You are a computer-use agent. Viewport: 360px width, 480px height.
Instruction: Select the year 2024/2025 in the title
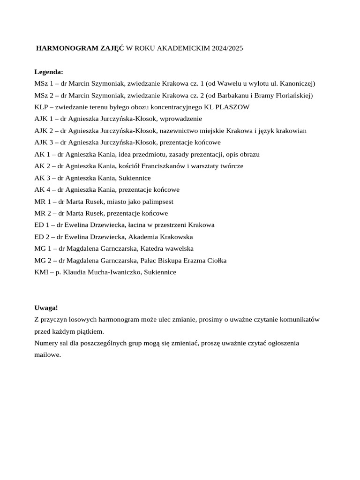[x=227, y=48]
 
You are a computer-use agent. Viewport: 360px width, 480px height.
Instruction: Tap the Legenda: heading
[x=49, y=72]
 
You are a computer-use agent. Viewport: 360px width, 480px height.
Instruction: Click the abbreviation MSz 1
[x=44, y=83]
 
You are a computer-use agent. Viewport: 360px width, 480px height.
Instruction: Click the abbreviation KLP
[x=41, y=107]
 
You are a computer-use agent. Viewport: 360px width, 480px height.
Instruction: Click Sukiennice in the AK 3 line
[x=134, y=178]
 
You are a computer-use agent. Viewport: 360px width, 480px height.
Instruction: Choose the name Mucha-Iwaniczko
[x=114, y=272]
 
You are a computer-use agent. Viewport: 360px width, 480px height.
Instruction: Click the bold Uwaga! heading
[x=46, y=308]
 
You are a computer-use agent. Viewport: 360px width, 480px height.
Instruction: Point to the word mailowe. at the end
[x=48, y=355]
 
